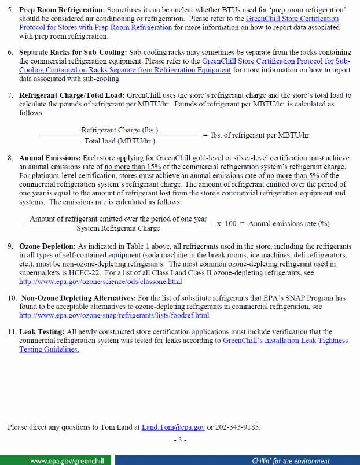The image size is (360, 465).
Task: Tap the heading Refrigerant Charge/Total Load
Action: coord(72,94)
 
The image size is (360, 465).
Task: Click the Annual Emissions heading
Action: coord(50,157)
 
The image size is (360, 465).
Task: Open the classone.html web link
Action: coord(101,281)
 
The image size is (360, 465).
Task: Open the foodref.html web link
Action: coord(114,315)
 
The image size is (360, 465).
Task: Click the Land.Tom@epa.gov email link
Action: coord(173,427)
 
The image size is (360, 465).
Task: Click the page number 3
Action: coord(180,440)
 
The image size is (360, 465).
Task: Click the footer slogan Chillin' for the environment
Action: coord(291,460)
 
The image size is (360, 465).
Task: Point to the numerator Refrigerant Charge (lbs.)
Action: coord(120,130)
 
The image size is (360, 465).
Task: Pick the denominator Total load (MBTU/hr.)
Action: coord(120,140)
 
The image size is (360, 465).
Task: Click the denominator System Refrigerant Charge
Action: coord(118,228)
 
